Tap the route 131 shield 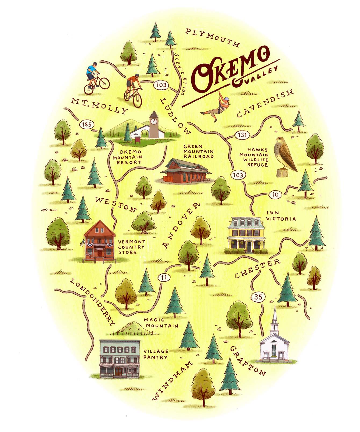[x=242, y=135]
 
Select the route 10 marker [x=275, y=195]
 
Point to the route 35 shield [x=258, y=297]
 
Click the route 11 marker [x=164, y=278]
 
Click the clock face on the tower [x=154, y=121]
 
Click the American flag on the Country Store [x=82, y=244]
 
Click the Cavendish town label [x=265, y=103]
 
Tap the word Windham [x=172, y=381]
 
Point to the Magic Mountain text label [x=161, y=323]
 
